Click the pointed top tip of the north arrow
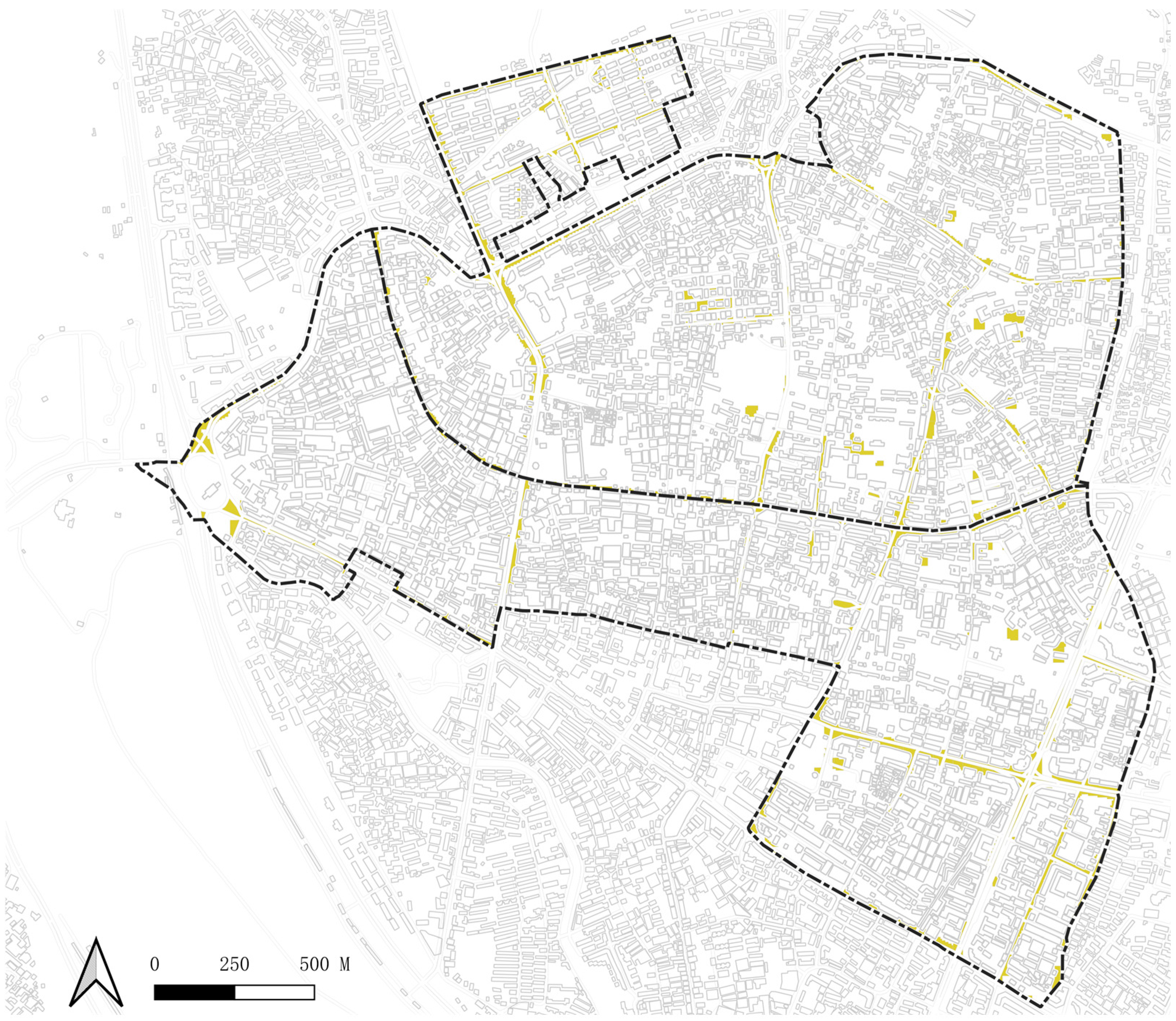pyautogui.click(x=96, y=939)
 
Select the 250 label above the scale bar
pyautogui.click(x=234, y=964)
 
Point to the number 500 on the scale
pyautogui.click(x=314, y=964)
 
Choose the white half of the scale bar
pyautogui.click(x=275, y=992)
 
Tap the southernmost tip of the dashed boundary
pyautogui.click(x=1040, y=1006)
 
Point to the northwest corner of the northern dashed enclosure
pyautogui.click(x=421, y=104)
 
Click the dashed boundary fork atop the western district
pyautogui.click(x=374, y=230)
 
